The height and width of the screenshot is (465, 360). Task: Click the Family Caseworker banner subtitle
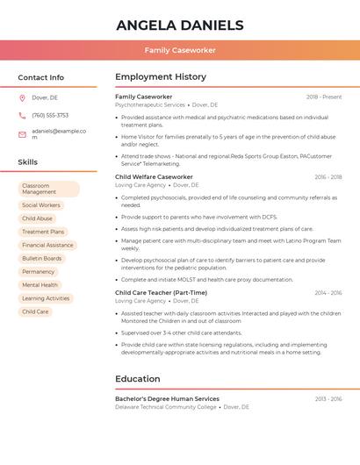click(x=180, y=50)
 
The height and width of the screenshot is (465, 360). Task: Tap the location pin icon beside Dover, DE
click(x=22, y=97)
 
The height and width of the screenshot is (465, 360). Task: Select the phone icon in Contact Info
click(x=22, y=115)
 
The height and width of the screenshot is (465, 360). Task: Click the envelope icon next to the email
click(x=22, y=134)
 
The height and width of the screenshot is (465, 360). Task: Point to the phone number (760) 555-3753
click(x=50, y=115)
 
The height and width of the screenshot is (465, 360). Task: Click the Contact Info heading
click(x=41, y=77)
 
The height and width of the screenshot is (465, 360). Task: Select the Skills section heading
click(x=28, y=162)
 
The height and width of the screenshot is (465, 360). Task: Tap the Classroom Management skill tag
click(x=48, y=189)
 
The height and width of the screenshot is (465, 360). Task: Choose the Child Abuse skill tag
click(x=38, y=218)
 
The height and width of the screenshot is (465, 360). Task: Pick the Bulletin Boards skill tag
click(x=42, y=258)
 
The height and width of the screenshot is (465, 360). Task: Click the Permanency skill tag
click(x=39, y=272)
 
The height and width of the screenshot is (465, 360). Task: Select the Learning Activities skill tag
click(x=46, y=298)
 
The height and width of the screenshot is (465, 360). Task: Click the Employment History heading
click(x=161, y=77)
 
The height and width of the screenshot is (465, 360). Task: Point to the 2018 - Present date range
click(x=324, y=97)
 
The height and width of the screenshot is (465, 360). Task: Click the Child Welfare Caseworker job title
click(x=154, y=176)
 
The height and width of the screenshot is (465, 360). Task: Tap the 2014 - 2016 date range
click(x=328, y=293)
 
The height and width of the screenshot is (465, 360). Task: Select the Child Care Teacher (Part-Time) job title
click(x=161, y=292)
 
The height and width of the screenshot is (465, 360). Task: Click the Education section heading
click(x=137, y=379)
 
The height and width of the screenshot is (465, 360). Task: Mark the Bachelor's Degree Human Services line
click(x=167, y=398)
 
